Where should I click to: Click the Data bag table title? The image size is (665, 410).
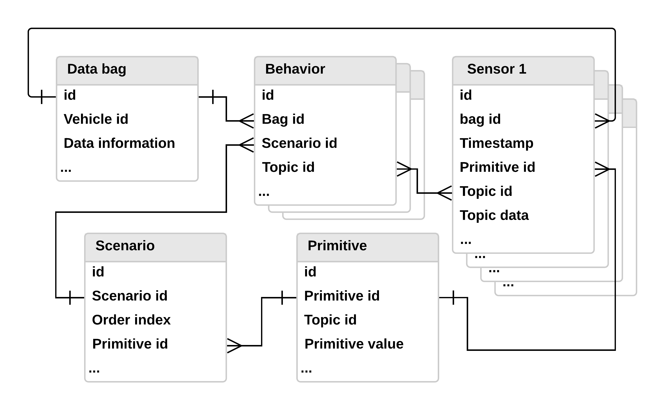tap(97, 69)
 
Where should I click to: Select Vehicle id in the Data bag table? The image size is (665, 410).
tap(96, 119)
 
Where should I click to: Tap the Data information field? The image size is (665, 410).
tap(119, 143)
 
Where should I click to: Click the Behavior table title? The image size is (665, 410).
tap(295, 69)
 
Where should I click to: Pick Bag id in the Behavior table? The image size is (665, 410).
tap(283, 119)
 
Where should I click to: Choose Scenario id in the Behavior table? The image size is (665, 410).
tap(299, 143)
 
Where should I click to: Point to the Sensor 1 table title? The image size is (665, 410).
tap(496, 69)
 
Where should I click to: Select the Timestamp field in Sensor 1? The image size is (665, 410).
tap(496, 143)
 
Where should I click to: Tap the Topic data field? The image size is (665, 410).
tap(494, 215)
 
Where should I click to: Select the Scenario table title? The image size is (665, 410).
tap(125, 246)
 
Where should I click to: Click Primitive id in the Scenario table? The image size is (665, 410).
tap(130, 344)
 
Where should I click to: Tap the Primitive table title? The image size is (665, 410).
tap(337, 246)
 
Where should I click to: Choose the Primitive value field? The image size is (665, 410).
tap(354, 344)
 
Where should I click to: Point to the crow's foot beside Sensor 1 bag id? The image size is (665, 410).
tap(602, 121)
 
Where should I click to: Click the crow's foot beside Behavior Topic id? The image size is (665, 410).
tap(404, 169)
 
